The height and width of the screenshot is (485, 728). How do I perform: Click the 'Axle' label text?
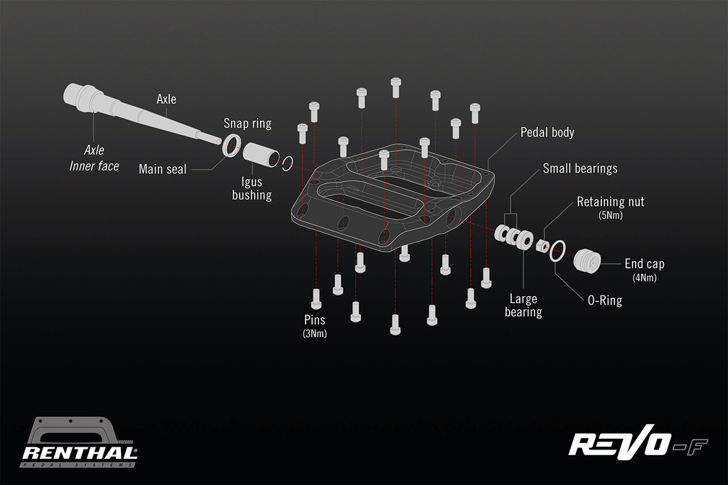[x=166, y=99]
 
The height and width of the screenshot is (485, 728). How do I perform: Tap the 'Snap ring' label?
[x=247, y=124]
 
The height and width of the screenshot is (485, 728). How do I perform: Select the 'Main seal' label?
[x=163, y=169]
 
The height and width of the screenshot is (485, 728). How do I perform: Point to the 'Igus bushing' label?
[x=252, y=188]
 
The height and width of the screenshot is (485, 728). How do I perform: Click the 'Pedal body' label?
[x=547, y=132]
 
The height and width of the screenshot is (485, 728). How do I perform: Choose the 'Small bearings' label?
[x=580, y=168]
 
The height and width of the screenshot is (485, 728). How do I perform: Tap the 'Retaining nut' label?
[x=610, y=202]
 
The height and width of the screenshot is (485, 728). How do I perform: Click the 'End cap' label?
[x=644, y=263]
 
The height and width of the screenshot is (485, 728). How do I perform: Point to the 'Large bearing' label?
[x=523, y=305]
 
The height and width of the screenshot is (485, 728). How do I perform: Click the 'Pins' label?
[x=314, y=320]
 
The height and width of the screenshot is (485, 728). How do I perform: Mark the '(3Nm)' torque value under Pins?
[x=314, y=333]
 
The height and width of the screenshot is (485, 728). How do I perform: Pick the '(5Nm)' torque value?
[x=611, y=215]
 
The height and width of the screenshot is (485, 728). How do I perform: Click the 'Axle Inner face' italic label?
[x=94, y=158]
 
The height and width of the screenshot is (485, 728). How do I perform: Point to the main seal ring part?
[x=230, y=146]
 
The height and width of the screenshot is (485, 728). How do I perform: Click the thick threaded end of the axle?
[x=82, y=95]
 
